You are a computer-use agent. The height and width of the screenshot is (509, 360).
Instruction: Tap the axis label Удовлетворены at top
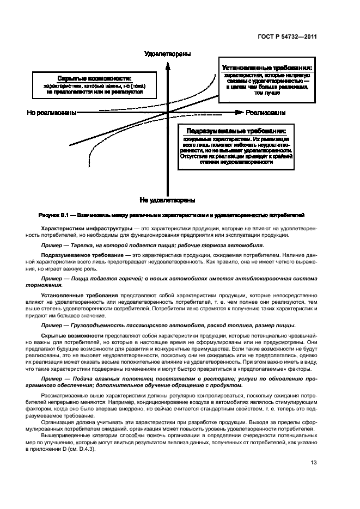click(x=167, y=54)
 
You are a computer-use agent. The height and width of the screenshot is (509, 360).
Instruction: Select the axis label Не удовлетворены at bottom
click(x=167, y=200)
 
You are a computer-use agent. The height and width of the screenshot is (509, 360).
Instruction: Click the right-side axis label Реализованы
click(x=266, y=113)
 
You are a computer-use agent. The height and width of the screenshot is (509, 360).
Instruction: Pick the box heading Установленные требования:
click(x=267, y=68)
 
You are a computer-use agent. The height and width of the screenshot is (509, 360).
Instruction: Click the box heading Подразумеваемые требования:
click(x=236, y=131)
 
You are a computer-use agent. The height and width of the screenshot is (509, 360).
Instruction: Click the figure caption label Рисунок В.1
click(x=55, y=215)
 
